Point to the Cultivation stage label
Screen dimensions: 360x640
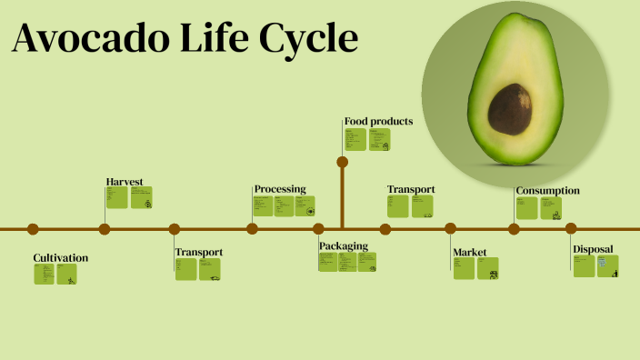point(61,258)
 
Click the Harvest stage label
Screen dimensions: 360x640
point(125,182)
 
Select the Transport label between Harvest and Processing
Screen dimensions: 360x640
point(199,252)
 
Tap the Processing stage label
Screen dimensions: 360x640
point(280,189)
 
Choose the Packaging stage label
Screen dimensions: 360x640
point(344,245)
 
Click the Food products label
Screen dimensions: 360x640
point(379,121)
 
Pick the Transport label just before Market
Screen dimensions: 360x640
point(411,189)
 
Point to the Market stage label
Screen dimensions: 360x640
point(470,252)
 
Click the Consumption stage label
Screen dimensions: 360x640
point(547,191)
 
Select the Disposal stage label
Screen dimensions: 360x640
point(593,249)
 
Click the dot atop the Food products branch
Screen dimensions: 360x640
point(343,162)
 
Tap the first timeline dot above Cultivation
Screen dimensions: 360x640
point(33,229)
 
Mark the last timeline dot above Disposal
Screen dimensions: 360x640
point(571,229)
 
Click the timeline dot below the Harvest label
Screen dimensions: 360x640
point(105,229)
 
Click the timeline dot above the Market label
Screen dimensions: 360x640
point(450,229)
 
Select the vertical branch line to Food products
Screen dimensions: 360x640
point(343,195)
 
